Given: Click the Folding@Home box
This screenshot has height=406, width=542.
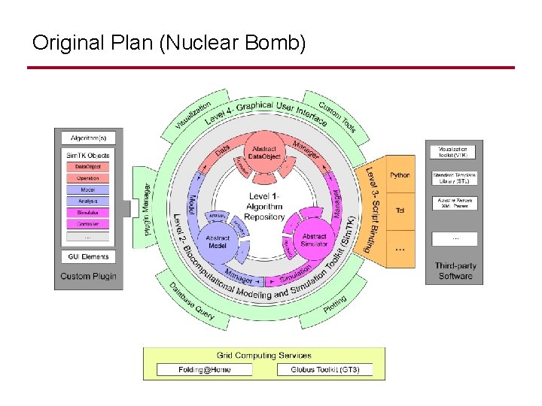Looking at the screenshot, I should (x=205, y=370).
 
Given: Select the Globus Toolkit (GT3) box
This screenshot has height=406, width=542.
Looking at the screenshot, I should (x=325, y=370).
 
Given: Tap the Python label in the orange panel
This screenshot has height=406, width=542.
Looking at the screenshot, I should (x=400, y=175).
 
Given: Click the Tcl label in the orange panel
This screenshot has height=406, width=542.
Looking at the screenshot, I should (x=400, y=211).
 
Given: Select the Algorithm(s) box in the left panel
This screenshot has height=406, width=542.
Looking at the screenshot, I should (x=88, y=138).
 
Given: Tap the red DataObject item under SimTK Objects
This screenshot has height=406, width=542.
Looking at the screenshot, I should (x=88, y=167).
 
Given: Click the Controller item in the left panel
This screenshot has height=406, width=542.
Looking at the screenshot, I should (x=88, y=224).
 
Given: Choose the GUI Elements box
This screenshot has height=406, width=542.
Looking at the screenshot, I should (x=88, y=257).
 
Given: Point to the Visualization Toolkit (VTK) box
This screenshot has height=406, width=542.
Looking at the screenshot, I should (x=454, y=152).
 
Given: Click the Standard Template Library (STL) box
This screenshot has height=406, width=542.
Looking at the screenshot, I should (x=454, y=178).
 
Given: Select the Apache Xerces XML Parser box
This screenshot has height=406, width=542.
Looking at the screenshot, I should (x=454, y=203).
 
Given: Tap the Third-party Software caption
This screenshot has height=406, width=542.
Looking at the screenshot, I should (x=455, y=271).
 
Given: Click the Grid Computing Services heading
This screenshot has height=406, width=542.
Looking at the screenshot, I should (x=263, y=356).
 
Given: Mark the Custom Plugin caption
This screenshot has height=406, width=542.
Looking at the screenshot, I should (x=88, y=276).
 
